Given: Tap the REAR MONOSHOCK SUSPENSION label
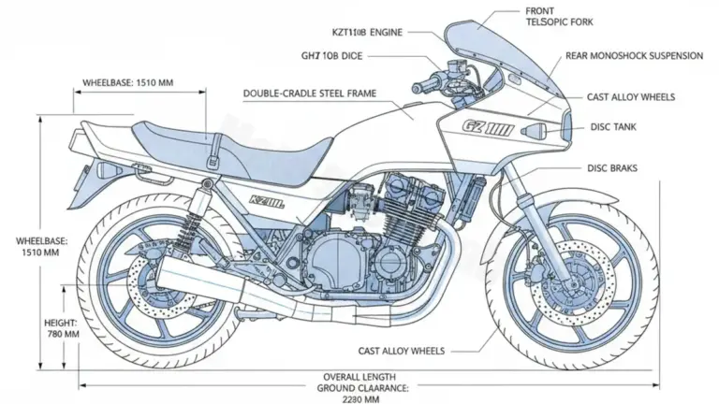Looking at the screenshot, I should (634, 56).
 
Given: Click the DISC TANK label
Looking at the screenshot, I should (614, 126).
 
